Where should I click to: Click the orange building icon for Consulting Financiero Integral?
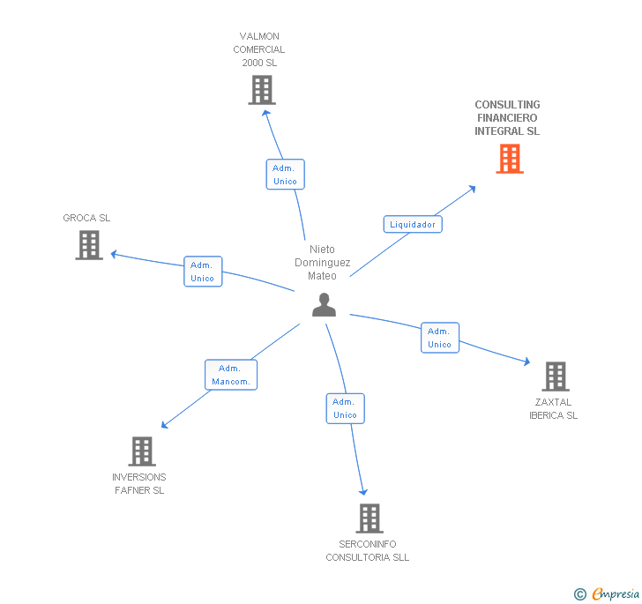point(509,159)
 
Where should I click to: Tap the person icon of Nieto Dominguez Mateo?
point(325,304)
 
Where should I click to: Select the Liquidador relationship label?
point(413,224)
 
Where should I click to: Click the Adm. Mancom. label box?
point(231,375)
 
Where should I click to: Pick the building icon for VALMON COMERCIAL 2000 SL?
point(262,90)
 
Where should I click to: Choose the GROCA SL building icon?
point(89,245)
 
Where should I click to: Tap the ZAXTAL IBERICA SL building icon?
point(555,377)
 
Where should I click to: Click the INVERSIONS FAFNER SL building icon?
point(141,451)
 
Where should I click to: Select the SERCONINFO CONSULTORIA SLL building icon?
point(369,518)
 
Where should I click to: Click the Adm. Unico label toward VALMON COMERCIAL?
point(285,175)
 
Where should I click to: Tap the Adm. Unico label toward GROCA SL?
point(203,272)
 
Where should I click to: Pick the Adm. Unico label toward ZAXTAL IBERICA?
point(439,338)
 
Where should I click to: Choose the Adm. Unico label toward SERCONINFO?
point(345,408)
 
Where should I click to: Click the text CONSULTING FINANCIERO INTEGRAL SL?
point(507,118)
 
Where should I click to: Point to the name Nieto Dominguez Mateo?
point(322,263)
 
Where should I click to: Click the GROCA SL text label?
point(86,218)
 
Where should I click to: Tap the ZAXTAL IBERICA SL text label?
point(553,409)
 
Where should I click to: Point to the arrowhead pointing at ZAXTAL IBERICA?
point(526,362)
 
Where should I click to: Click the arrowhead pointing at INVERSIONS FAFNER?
point(164,425)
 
